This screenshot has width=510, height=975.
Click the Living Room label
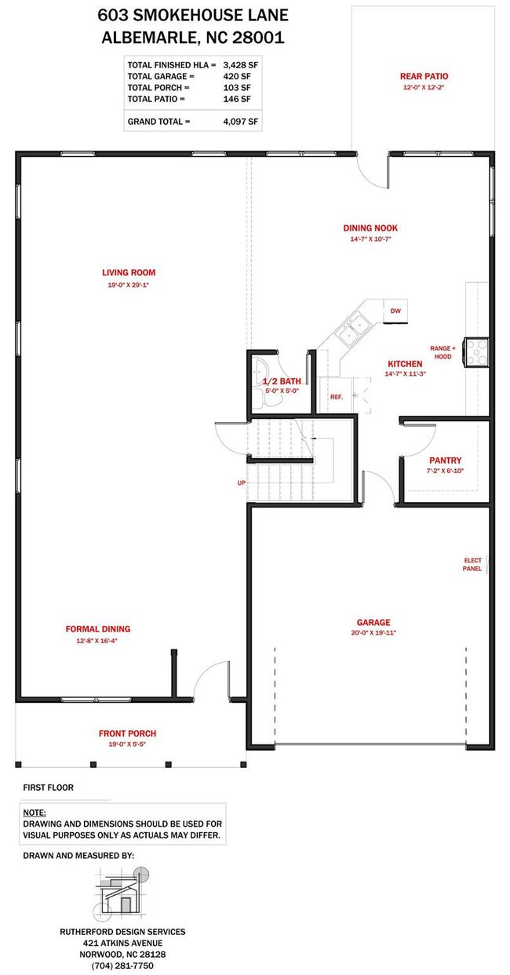129,273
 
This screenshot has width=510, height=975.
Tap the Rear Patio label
424,76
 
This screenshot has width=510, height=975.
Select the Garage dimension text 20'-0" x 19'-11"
373,633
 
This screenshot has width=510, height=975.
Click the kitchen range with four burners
475,351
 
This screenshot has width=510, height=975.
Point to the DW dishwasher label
395,311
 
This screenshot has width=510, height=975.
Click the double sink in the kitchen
353,330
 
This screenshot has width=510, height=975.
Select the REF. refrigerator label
337,397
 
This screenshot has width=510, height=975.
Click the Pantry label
445,460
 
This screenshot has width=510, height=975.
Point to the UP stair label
242,482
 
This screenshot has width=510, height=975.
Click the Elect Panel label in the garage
472,565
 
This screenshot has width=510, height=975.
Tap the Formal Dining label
98,629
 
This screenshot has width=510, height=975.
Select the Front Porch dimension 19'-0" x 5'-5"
127,744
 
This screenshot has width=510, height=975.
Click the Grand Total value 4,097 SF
240,122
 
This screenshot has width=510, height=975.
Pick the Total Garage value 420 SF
237,77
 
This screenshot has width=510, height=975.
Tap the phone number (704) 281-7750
122,966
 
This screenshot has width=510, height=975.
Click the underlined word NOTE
35,813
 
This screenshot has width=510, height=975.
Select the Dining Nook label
370,228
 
